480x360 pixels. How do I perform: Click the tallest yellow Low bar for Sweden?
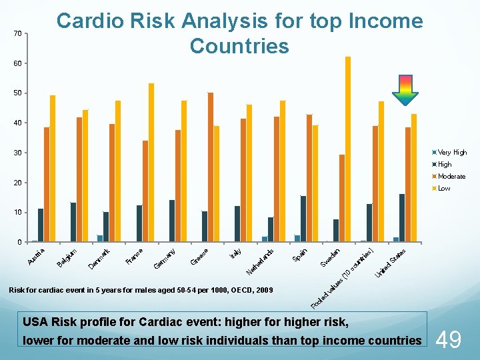click(x=348, y=149)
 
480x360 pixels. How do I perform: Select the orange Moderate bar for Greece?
click(x=211, y=167)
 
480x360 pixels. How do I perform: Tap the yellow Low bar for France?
click(x=151, y=163)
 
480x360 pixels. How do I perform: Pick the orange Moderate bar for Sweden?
click(x=342, y=198)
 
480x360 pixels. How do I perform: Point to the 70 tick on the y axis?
click(x=17, y=33)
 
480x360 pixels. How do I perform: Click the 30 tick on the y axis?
click(x=17, y=153)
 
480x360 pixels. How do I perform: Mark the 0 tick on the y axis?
click(x=19, y=242)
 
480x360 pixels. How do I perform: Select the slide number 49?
click(x=449, y=341)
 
